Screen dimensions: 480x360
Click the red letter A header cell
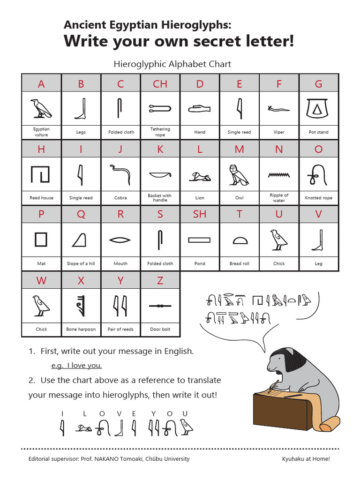(x=41, y=84)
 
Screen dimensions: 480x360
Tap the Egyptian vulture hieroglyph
(x=41, y=108)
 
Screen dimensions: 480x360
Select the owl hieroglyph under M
(x=239, y=175)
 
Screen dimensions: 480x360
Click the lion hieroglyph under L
(x=200, y=176)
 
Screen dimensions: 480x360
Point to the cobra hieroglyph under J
(x=120, y=174)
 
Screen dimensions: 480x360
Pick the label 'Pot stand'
(x=318, y=132)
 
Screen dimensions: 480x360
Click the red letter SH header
(x=200, y=215)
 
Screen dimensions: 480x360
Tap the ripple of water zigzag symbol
(x=279, y=175)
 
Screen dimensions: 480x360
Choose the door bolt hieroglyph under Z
(x=160, y=306)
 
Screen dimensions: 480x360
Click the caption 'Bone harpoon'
(x=81, y=330)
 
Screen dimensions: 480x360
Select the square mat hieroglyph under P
(x=41, y=240)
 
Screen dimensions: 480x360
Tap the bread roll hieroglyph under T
(x=239, y=240)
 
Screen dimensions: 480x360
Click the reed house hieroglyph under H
(x=41, y=174)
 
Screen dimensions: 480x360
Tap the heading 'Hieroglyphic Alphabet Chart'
(x=172, y=64)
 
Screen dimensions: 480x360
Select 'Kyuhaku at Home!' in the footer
(x=306, y=459)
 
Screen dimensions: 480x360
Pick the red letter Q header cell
(x=81, y=215)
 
